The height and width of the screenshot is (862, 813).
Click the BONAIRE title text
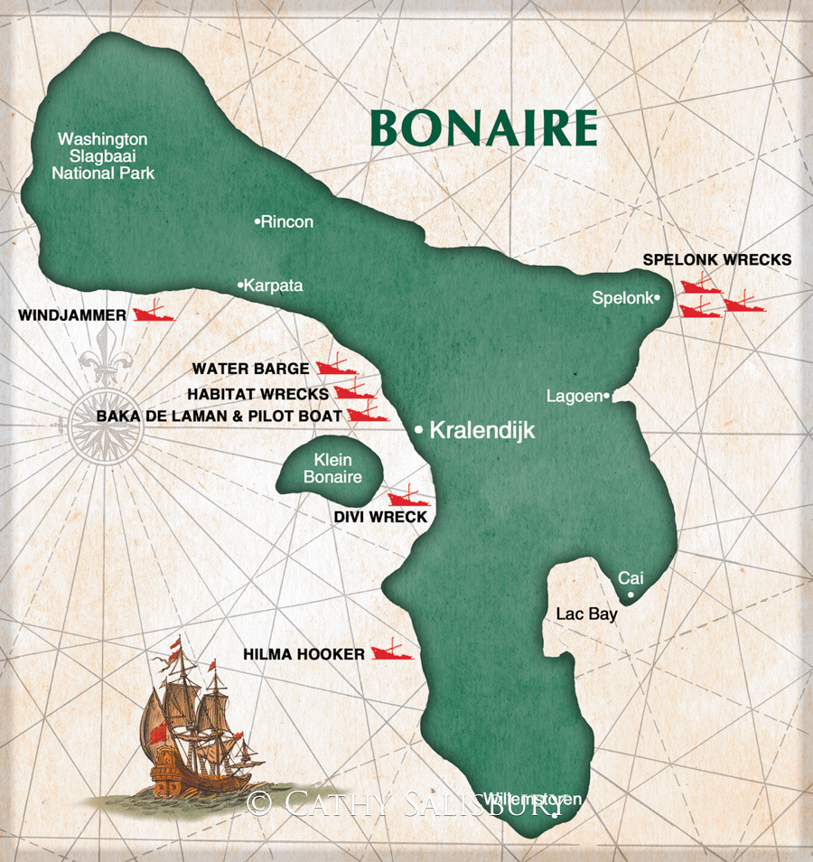pos(484,128)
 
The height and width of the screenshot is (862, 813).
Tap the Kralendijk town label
pos(482,431)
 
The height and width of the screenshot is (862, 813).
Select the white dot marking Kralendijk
pos(419,431)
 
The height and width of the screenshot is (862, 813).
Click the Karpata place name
pos(274,286)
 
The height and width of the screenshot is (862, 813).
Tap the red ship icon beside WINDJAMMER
pos(154,314)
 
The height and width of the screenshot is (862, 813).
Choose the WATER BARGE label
pos(250,369)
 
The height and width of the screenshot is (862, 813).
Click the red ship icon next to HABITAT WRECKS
pos(354,391)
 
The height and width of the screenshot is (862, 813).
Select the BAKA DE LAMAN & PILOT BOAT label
pos(220,416)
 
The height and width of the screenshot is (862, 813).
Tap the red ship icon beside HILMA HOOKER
pos(391,651)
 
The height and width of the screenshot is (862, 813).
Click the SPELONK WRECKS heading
pos(717,259)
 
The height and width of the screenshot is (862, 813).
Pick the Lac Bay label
pos(586,614)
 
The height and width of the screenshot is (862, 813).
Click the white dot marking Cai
pos(630,595)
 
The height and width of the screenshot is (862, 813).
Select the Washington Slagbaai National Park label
pos(103,156)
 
